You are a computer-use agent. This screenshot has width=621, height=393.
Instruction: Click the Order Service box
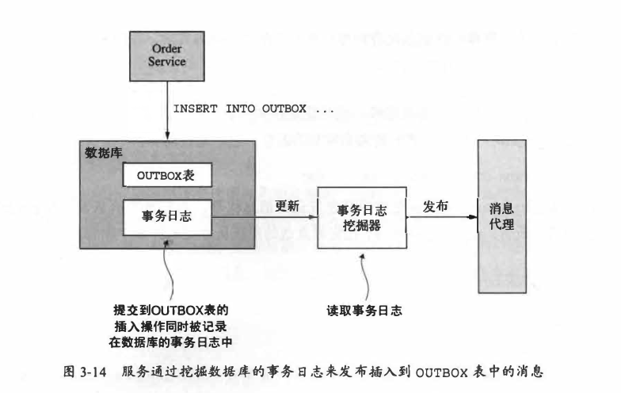166,55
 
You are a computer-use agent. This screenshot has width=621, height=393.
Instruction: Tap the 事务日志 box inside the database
168,216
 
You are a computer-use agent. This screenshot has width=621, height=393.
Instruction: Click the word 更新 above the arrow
287,206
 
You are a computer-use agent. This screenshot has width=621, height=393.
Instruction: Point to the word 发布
436,205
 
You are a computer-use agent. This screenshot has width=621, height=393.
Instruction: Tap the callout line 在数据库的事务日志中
173,341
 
